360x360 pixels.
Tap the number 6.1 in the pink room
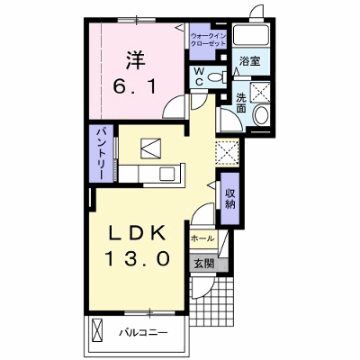click(135, 87)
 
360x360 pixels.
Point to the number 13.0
click(137, 259)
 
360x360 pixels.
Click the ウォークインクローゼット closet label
click(209, 40)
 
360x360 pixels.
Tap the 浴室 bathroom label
click(249, 61)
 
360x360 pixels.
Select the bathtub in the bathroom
click(251, 35)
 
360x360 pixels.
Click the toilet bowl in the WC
click(215, 76)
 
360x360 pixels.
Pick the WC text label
click(199, 76)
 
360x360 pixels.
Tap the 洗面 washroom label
click(241, 103)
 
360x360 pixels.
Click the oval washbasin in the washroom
click(261, 114)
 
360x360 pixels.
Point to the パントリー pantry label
click(101, 154)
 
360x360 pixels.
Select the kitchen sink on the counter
click(167, 174)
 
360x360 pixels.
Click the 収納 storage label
click(230, 198)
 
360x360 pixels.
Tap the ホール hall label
click(202, 238)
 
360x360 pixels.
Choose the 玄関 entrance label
click(204, 264)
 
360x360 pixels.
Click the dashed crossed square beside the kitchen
click(227, 153)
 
